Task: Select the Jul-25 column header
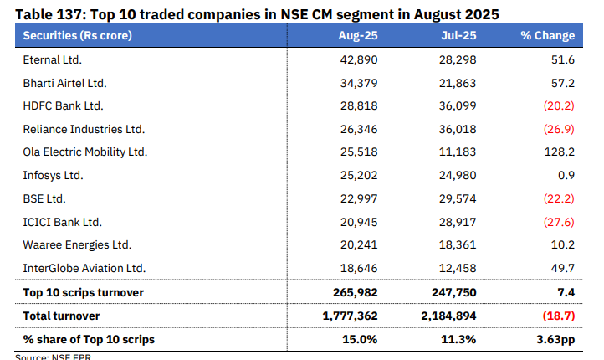pos(458,36)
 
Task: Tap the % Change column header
pos(547,36)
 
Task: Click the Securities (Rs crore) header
pos(77,36)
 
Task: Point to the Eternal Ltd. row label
pos(52,60)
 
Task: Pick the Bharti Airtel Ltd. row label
pos(64,83)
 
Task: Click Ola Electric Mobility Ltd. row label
pos(84,152)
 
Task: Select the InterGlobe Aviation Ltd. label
pos(84,268)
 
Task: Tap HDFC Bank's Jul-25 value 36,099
pos(458,106)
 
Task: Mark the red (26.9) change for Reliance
pos(558,130)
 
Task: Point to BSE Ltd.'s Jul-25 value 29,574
pos(458,198)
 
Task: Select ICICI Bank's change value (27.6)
pos(558,222)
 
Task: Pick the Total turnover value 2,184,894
pos(447,316)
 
